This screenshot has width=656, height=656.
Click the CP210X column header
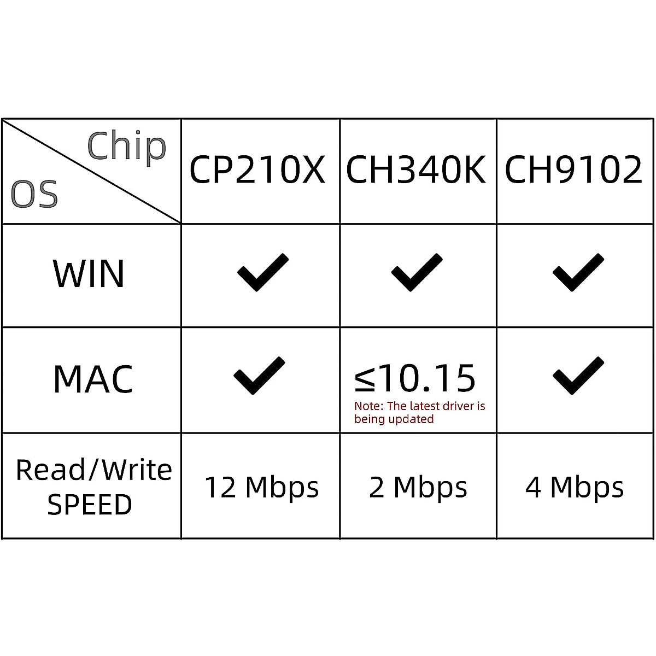pos(257,169)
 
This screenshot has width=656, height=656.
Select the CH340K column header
pos(416,169)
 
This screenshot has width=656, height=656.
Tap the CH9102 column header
pos(573,169)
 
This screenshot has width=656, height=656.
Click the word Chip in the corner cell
pos(127,147)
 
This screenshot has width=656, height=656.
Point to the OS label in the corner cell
pos(34,195)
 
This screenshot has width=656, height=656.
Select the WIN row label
pos(89,273)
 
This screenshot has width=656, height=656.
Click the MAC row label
pos(93,379)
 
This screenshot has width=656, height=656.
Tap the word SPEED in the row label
pos(90,505)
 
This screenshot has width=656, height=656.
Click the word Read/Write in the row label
pos(94,470)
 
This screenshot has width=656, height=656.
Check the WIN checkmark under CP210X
pos(262,272)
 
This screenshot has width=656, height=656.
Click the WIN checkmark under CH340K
pos(417,272)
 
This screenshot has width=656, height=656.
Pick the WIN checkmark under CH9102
pos(578,272)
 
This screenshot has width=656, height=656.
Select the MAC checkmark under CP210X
pos(259,376)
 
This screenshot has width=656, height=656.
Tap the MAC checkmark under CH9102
pos(578,376)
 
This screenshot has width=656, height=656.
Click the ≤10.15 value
pos(415,378)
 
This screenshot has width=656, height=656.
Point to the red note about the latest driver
pos(419,413)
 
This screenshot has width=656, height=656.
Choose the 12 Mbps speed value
pos(261,487)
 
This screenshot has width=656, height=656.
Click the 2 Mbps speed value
pos(418,487)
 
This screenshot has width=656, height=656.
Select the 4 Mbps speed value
pos(575,487)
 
